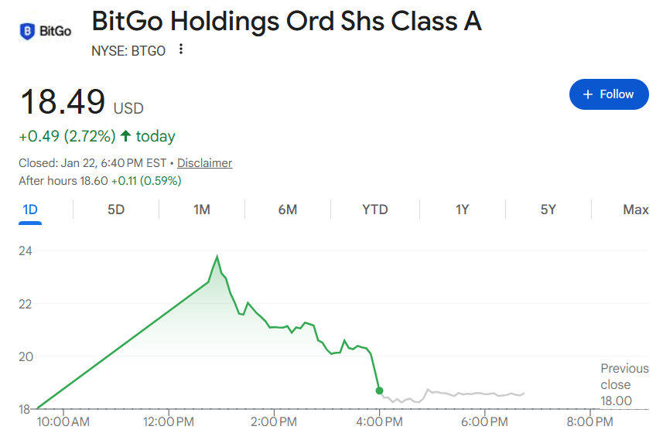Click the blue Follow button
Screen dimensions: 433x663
(x=608, y=94)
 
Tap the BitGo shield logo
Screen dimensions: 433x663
(x=27, y=32)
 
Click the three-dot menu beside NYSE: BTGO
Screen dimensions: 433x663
(x=181, y=49)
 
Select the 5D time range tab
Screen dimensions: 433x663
(x=116, y=210)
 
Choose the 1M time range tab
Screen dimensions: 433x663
(x=202, y=210)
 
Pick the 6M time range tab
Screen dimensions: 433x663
(x=288, y=210)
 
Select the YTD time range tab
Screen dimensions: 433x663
(x=375, y=210)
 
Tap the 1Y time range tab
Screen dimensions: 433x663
(x=462, y=210)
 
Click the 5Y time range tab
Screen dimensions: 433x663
(x=548, y=210)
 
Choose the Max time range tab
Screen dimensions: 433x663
(x=635, y=210)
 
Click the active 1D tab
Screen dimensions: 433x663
(x=30, y=210)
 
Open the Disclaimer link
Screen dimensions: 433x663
(x=204, y=163)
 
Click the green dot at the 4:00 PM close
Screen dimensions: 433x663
(x=379, y=390)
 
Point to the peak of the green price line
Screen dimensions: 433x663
(x=217, y=257)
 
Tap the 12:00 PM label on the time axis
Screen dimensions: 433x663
(x=169, y=421)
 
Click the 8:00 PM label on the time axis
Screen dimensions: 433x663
(x=590, y=421)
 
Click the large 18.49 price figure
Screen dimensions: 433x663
(x=62, y=103)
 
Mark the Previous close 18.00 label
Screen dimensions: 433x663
(x=616, y=385)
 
